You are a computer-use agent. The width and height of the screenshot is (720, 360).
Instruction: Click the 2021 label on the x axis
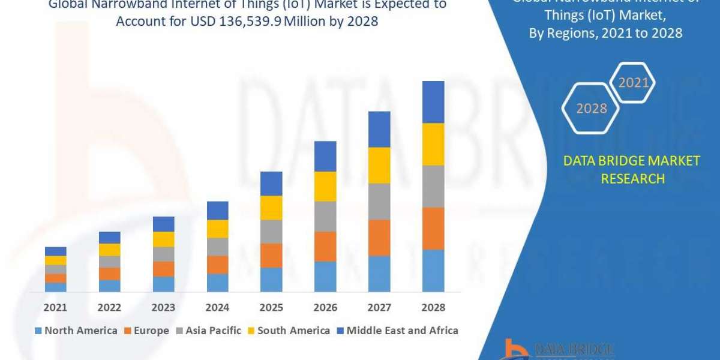coord(55,307)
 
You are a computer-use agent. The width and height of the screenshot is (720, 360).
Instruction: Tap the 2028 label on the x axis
coord(433,307)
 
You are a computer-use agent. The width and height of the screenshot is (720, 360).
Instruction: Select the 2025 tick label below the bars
coord(271,307)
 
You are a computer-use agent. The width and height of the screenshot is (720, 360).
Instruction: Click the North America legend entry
coord(76,331)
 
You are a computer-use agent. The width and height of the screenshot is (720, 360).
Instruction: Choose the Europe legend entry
coord(148,331)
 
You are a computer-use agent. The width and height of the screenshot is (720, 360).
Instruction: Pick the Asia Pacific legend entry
coord(208,331)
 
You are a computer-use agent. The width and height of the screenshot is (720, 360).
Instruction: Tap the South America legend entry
coord(289,331)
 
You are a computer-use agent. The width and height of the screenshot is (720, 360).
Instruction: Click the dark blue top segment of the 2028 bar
coord(433,102)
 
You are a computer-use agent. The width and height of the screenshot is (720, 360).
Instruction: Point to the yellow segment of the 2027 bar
coord(379,165)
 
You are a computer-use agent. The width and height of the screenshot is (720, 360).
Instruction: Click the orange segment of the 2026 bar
coord(325,246)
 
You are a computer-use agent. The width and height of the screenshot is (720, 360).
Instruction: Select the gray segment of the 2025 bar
coord(271,232)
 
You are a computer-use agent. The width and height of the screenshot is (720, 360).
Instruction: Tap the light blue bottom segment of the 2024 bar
coord(217,283)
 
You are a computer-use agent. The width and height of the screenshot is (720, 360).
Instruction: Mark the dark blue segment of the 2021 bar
coord(55,251)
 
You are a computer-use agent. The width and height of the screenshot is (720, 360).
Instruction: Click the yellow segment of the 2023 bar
coord(163,239)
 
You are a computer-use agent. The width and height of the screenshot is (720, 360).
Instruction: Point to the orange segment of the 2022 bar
coord(109,274)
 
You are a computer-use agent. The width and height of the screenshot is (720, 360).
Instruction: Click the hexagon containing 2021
coord(633,83)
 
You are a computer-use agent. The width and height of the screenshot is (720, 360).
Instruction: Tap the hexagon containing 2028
coord(591,109)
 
